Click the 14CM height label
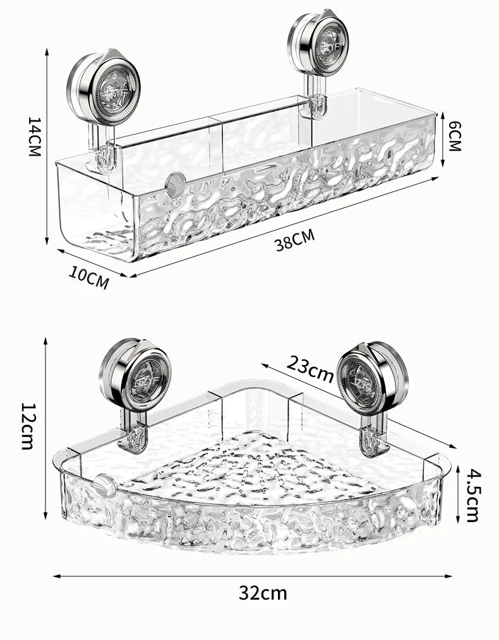pyautogui.click(x=33, y=136)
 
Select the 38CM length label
pyautogui.click(x=294, y=241)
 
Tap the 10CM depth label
pyautogui.click(x=89, y=277)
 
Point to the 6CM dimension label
pyautogui.click(x=454, y=136)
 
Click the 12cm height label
pyautogui.click(x=27, y=426)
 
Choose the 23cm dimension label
pyautogui.click(x=310, y=368)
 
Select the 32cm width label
pyautogui.click(x=263, y=593)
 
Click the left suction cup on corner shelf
pyautogui.click(x=135, y=376)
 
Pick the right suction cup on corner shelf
pyautogui.click(x=372, y=378)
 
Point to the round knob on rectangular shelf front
pyautogui.click(x=175, y=183)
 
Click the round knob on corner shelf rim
pyautogui.click(x=104, y=486)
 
